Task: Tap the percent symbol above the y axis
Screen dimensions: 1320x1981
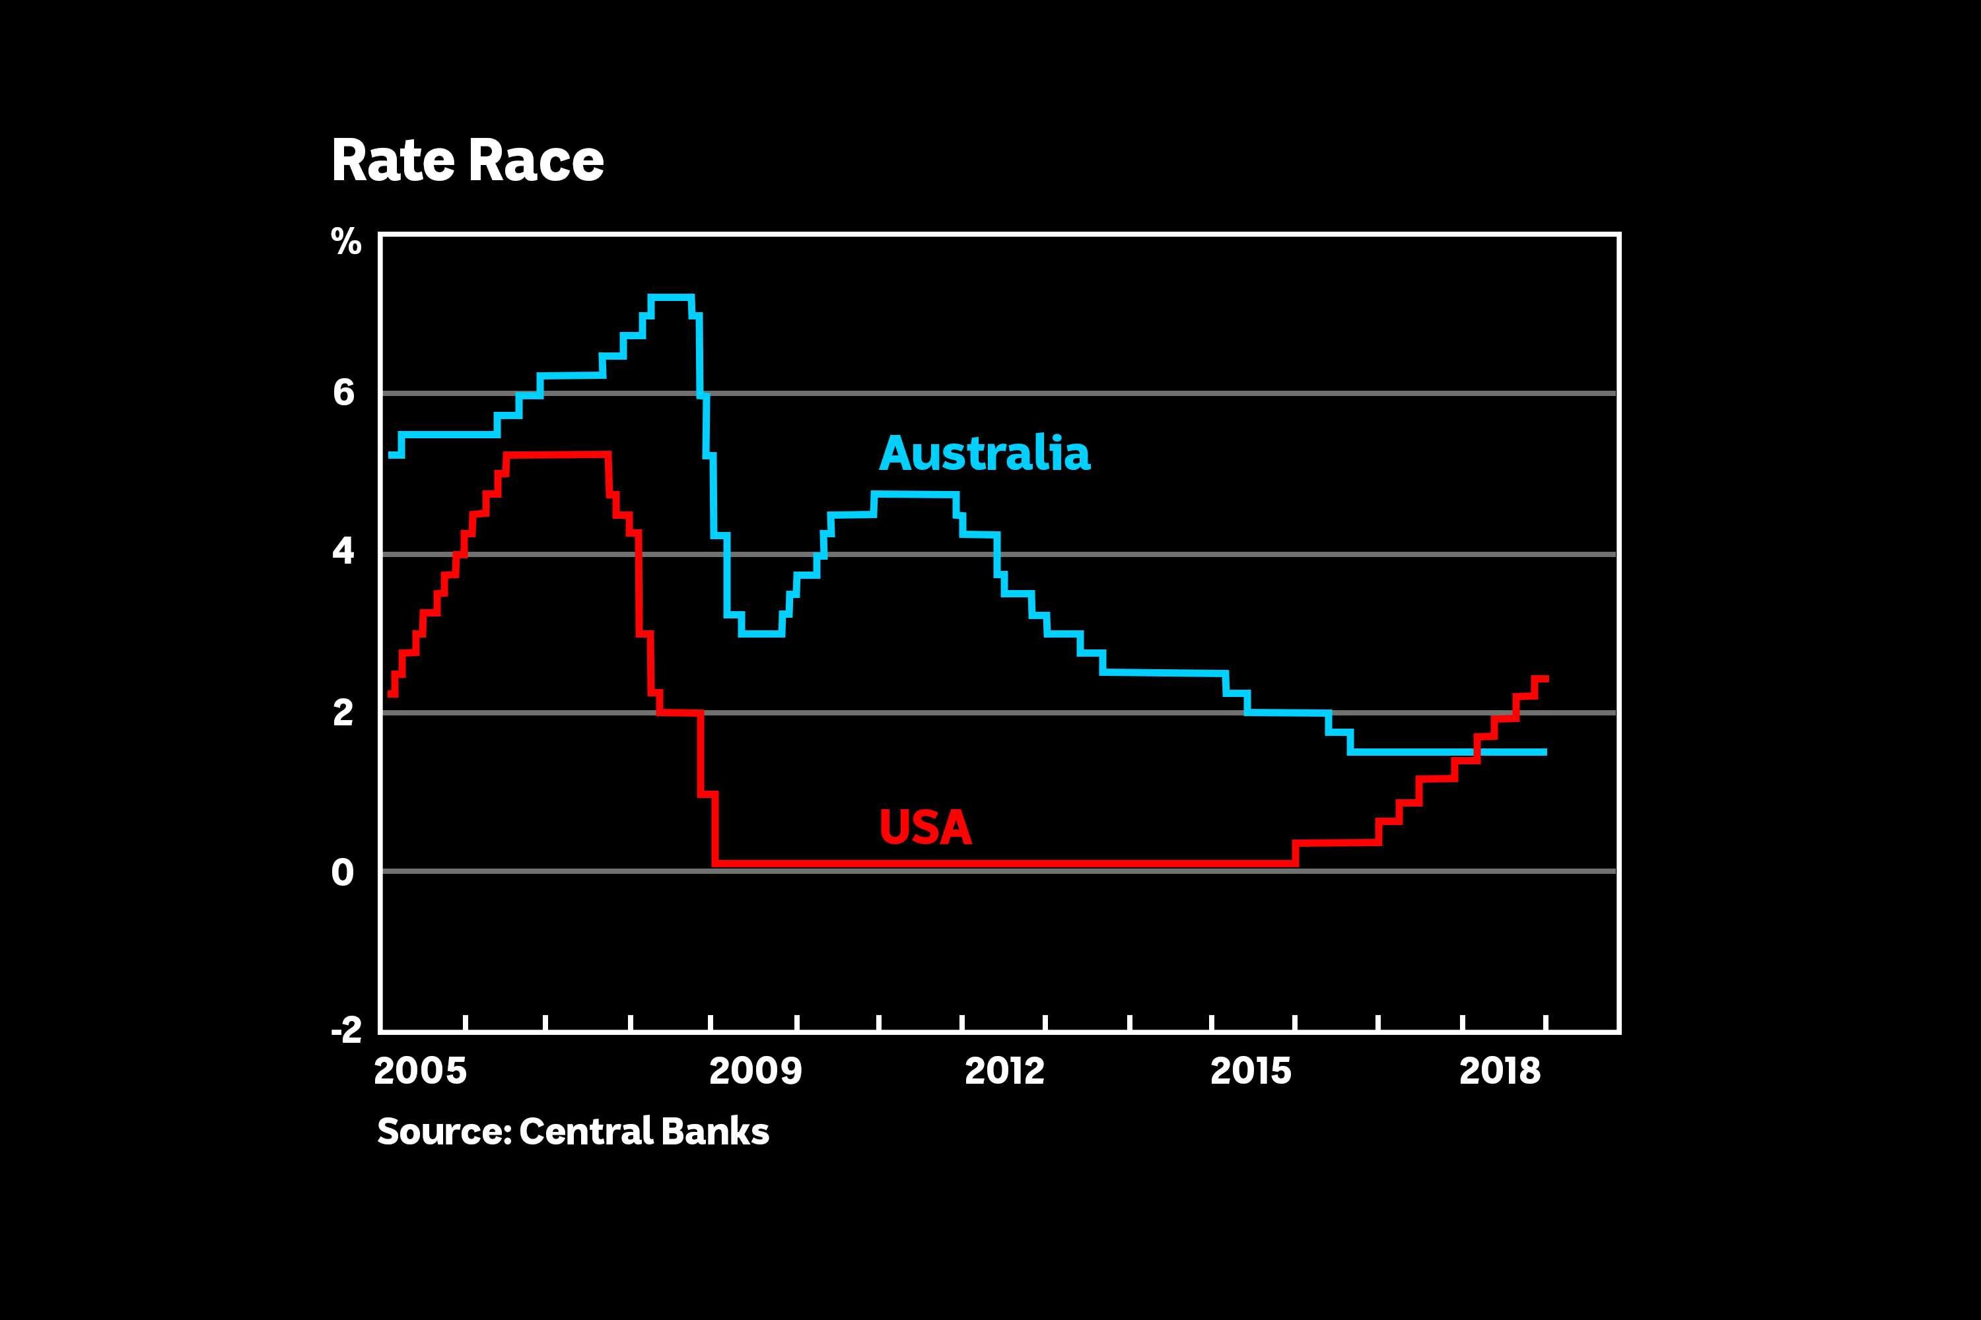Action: pyautogui.click(x=346, y=242)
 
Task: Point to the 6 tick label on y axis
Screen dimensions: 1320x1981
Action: pyautogui.click(x=343, y=393)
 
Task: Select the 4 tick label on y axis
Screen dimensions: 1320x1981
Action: pyautogui.click(x=343, y=552)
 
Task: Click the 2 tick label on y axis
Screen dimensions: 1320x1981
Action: pyautogui.click(x=343, y=713)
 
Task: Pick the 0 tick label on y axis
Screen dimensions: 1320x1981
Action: pyautogui.click(x=343, y=872)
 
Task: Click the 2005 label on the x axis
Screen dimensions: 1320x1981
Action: pyautogui.click(x=419, y=1071)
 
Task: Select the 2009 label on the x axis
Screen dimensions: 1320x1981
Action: pyautogui.click(x=755, y=1071)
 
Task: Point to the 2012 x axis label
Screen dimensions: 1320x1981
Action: pyautogui.click(x=1004, y=1071)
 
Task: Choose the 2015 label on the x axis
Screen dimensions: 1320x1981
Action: pyautogui.click(x=1251, y=1071)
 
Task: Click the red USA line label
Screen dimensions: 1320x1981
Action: pyautogui.click(x=925, y=827)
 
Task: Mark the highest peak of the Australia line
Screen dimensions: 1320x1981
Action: pyautogui.click(x=670, y=296)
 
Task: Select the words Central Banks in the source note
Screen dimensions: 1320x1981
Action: pyautogui.click(x=643, y=1131)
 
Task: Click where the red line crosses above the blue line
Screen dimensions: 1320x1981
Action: pyautogui.click(x=1477, y=751)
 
